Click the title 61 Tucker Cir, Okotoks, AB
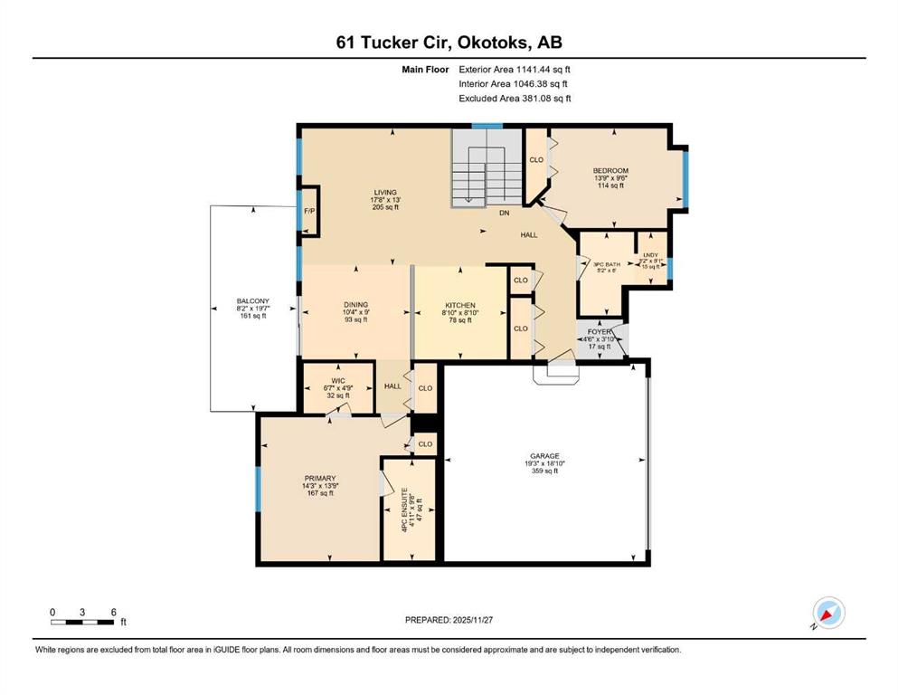[x=449, y=43]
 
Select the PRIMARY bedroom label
[x=319, y=478]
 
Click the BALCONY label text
[x=252, y=301]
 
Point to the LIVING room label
[x=385, y=192]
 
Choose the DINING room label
[x=355, y=304]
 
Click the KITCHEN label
[x=459, y=305]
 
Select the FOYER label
[x=600, y=331]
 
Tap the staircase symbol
[x=486, y=168]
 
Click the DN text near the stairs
[x=504, y=214]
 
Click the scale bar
[x=82, y=621]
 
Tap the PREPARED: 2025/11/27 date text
[x=449, y=620]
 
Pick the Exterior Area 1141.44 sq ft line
[x=515, y=69]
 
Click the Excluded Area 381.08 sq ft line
[x=515, y=99]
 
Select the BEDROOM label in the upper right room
[x=610, y=171]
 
